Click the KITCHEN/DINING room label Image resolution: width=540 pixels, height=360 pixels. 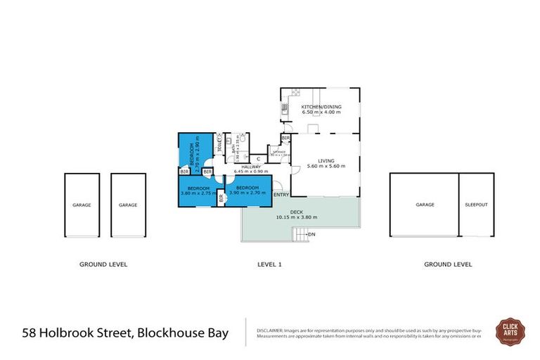pos(321,106)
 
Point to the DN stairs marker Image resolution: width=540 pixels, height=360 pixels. pos(311,233)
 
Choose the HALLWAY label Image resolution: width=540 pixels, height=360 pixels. pos(251,167)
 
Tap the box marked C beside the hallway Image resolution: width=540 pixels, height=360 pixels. pos(259,159)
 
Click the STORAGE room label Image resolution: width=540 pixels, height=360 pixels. pos(278,152)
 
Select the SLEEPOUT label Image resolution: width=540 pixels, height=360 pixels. pos(475,205)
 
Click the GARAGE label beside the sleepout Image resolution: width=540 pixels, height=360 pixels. pos(425,205)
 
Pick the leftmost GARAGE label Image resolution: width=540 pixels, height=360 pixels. pos(81,205)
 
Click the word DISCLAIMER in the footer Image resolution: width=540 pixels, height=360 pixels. pos(269,329)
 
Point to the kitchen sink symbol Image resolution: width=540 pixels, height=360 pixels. pos(284,109)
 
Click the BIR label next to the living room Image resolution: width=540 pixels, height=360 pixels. pos(285,139)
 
